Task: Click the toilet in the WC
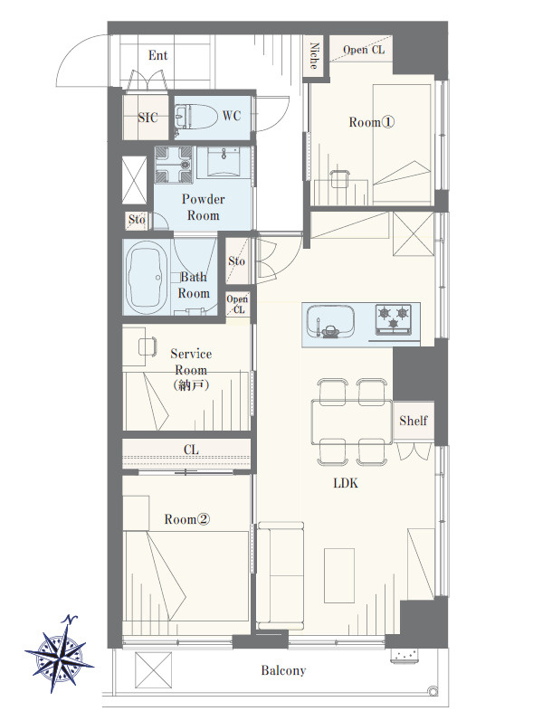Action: [195, 116]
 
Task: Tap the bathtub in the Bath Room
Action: [146, 277]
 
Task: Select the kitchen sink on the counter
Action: [330, 321]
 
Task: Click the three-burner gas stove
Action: [394, 319]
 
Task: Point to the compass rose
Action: [60, 654]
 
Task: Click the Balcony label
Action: [283, 670]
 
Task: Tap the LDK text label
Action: [346, 483]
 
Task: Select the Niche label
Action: [314, 55]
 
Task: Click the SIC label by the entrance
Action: [148, 118]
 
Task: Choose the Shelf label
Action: [414, 421]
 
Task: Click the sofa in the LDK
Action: [281, 576]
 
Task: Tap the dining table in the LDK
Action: [351, 422]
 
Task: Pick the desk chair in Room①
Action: [340, 178]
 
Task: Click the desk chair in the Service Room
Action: [148, 346]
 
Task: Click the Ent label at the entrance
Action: [157, 55]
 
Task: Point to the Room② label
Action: [187, 519]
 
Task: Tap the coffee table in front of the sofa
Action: [339, 576]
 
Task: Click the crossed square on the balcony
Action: [153, 669]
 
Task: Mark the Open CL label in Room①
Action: [364, 50]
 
